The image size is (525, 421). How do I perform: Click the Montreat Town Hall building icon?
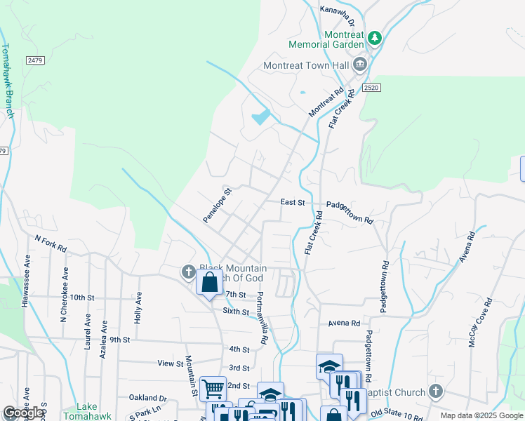pos(360,65)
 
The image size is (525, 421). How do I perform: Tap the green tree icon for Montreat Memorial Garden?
pos(376,37)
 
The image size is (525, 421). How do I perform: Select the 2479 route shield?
pos(36,61)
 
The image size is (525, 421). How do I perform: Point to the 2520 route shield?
pos(372,87)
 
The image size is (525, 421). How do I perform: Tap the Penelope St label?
pos(217,206)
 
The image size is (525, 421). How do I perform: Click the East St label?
pos(292,202)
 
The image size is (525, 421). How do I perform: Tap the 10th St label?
pos(81,298)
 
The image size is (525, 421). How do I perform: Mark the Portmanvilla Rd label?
pos(261,317)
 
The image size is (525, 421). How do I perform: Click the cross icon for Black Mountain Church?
pos(188,272)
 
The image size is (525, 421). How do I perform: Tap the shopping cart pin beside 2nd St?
pos(213,387)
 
